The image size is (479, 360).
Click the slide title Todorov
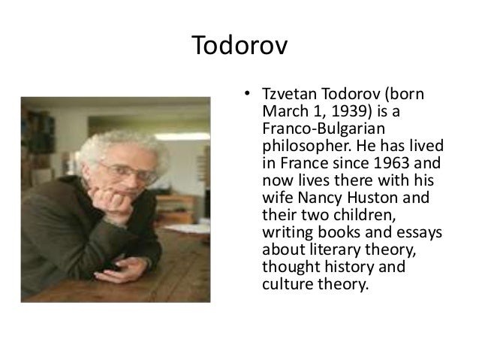point(239,47)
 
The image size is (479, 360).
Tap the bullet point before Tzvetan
point(244,97)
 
